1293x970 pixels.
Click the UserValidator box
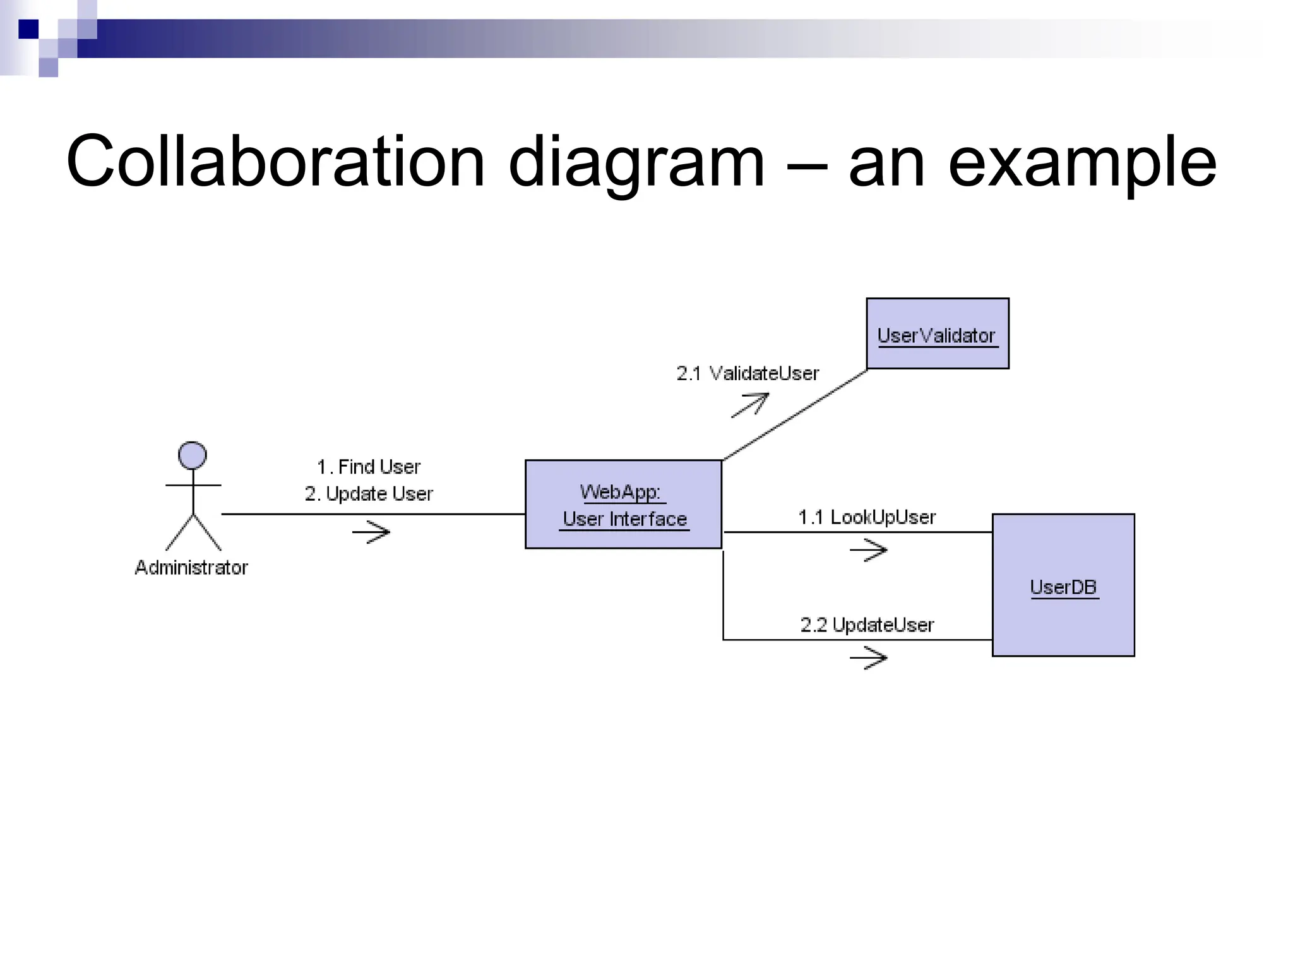937,333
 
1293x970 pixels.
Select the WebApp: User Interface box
623,505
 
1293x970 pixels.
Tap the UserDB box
1063,585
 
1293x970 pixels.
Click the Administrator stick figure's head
193,455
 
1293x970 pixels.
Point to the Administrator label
191,568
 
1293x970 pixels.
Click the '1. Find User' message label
369,467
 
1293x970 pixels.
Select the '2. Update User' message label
369,494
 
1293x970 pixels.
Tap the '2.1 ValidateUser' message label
748,374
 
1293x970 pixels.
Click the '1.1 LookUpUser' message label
867,518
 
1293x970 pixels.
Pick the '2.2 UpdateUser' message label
867,625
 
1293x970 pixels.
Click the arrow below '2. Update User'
371,532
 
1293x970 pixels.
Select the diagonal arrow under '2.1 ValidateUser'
750,404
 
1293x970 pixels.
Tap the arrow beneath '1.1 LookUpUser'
869,550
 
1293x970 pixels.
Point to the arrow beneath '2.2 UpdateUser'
869,657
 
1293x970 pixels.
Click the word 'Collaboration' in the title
275,162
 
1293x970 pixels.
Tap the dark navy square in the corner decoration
28,29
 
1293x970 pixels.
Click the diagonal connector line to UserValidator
795,415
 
